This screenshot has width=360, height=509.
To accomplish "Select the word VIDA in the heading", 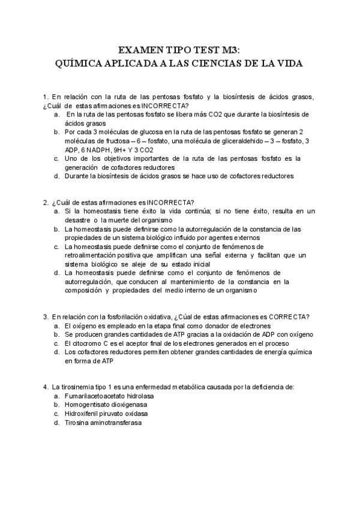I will pyautogui.click(x=289, y=63).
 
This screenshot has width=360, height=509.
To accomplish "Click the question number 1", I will pyautogui.click(x=45, y=97).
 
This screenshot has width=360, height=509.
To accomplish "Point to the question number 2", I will pyautogui.click(x=45, y=202).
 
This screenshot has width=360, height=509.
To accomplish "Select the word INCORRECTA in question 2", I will pyautogui.click(x=170, y=202).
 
